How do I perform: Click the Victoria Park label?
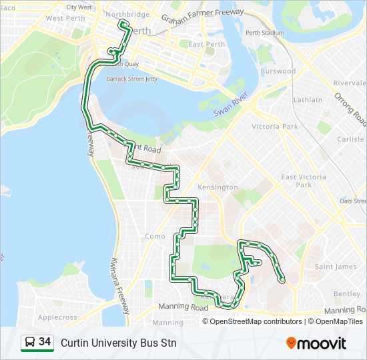[x=274, y=127]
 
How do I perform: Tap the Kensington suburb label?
[x=218, y=187]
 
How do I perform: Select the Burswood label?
[x=278, y=71]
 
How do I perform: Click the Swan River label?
[x=231, y=105]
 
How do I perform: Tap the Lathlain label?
[x=307, y=100]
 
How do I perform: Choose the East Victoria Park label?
[x=304, y=181]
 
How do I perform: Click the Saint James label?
[x=335, y=267]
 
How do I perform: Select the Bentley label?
[x=346, y=294]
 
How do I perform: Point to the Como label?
[x=155, y=236]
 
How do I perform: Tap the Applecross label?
[x=57, y=317]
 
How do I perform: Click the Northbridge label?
[x=127, y=14]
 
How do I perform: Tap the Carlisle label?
[x=350, y=139]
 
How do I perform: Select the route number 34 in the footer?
[x=45, y=342]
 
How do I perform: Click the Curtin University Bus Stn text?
[x=118, y=343]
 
